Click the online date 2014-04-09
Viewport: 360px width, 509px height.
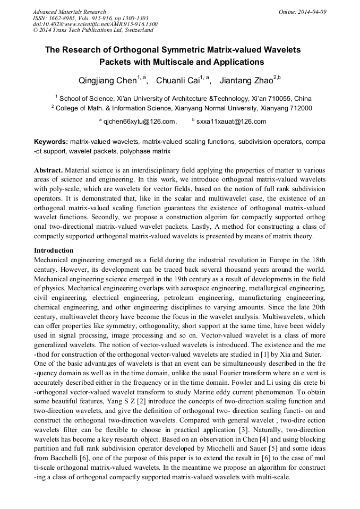click(313, 12)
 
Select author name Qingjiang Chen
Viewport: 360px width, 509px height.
click(104, 81)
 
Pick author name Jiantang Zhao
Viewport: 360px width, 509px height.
click(245, 81)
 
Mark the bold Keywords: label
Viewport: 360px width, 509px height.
click(51, 142)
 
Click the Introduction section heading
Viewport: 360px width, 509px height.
click(54, 251)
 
